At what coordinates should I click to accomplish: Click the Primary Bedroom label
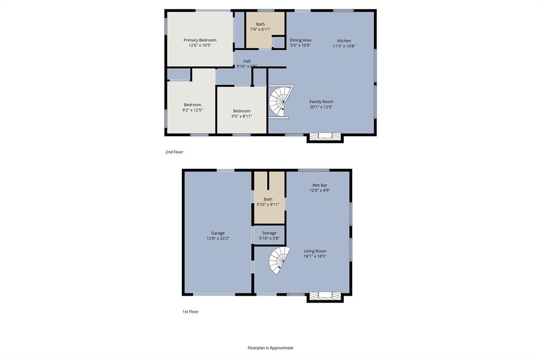tap(200, 40)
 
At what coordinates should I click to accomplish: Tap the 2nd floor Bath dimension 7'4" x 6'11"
tap(260, 30)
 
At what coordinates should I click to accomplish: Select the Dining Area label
tap(300, 40)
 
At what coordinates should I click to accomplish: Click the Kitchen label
tap(344, 41)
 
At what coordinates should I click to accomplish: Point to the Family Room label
tap(321, 101)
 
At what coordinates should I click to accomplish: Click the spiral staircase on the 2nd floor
tap(281, 102)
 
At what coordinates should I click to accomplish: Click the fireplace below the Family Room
tap(325, 136)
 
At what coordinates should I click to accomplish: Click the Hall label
tap(247, 61)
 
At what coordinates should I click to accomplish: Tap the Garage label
tap(218, 233)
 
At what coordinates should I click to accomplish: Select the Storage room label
tap(269, 233)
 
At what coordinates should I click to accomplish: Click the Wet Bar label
tap(320, 185)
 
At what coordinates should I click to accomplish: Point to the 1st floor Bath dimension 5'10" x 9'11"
tap(268, 205)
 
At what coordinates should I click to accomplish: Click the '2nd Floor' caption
tap(174, 152)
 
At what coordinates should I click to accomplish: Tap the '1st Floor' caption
tap(190, 312)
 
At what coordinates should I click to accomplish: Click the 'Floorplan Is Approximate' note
tap(270, 348)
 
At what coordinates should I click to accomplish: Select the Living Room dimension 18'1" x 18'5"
tap(315, 257)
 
